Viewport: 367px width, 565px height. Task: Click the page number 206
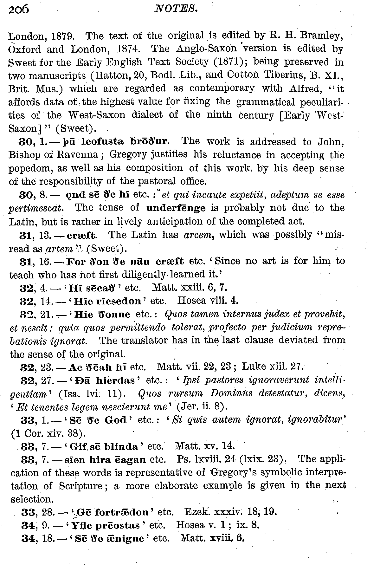(x=19, y=10)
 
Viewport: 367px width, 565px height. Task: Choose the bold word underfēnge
(x=176, y=208)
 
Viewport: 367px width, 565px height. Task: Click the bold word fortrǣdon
(x=121, y=512)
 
